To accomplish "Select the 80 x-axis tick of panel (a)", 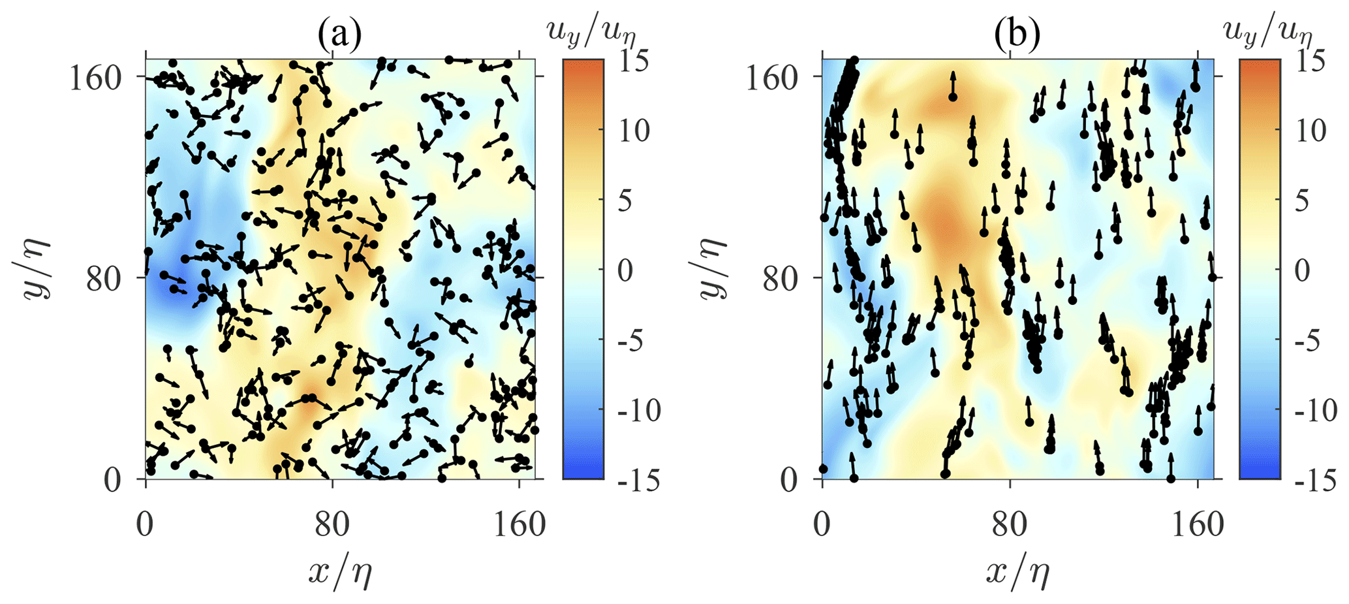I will (332, 524).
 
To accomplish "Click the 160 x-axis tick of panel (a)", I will (519, 524).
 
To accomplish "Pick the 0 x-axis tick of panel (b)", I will (822, 524).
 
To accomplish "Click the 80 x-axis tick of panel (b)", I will (1010, 524).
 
